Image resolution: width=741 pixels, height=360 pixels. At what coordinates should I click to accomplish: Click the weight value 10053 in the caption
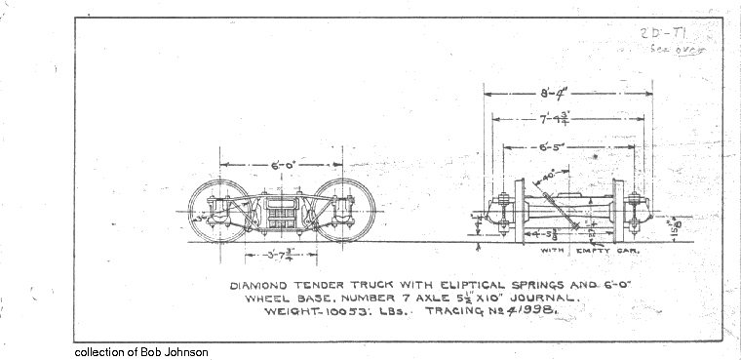point(333,311)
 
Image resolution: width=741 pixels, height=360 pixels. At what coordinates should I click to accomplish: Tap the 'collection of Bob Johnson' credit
point(140,351)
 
